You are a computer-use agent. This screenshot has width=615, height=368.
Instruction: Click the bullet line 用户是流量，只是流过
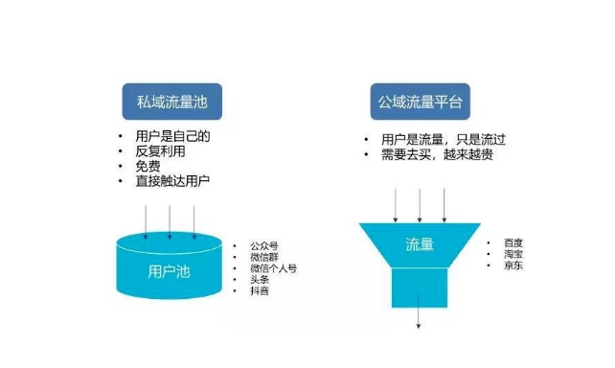436,139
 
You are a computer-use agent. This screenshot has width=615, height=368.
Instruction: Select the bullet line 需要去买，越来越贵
435,154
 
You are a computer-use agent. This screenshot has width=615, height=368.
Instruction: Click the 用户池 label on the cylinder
171,271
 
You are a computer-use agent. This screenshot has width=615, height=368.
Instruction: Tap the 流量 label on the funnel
420,244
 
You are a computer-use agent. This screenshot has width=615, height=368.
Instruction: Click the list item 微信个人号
272,269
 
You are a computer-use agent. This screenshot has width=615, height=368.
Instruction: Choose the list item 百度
514,243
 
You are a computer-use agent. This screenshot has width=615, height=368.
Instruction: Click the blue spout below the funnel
419,286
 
